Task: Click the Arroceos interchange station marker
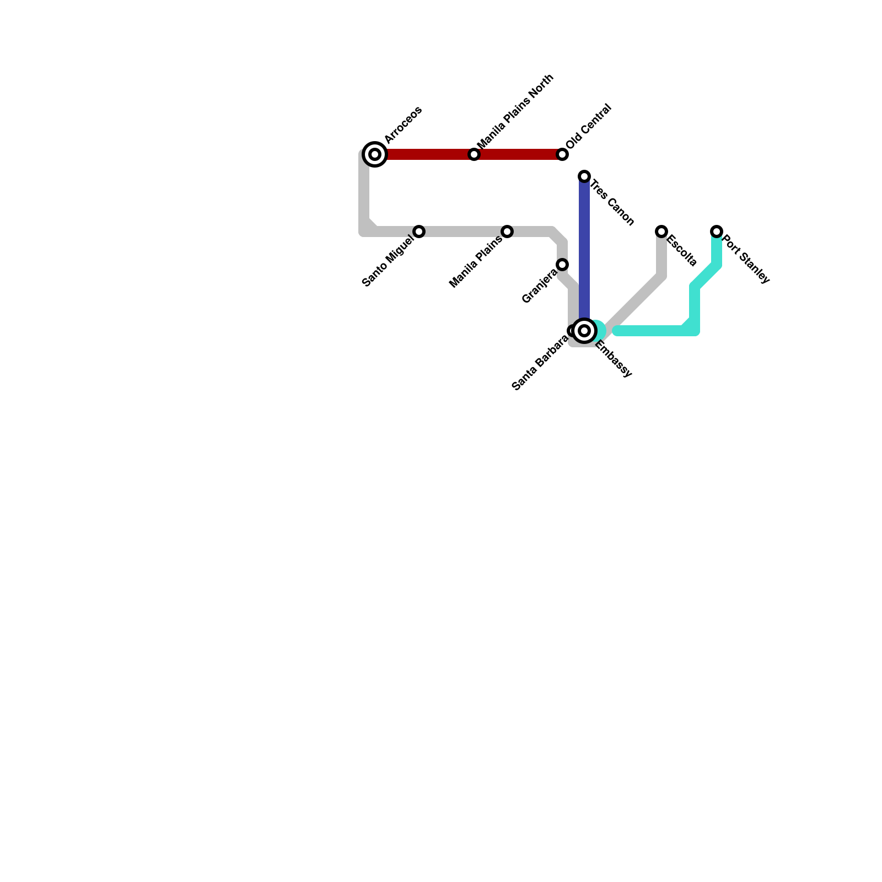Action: coord(375,154)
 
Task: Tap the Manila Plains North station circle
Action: coord(474,154)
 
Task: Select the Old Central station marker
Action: coord(562,154)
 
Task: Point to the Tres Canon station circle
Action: coord(584,176)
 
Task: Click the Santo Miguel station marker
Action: coord(419,232)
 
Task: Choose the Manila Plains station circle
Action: coord(507,232)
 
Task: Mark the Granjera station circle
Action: coord(562,265)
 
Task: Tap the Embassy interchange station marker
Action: coord(584,331)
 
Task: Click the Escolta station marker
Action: coord(661,232)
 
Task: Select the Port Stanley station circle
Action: coord(717,232)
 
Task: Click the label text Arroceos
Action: coord(403,125)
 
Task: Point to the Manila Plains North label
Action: coord(515,111)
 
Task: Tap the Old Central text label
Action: coord(588,126)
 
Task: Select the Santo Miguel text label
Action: coord(388,261)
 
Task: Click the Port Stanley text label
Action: coord(745,259)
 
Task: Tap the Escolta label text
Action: coord(682,251)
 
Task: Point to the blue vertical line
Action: coord(584,248)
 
